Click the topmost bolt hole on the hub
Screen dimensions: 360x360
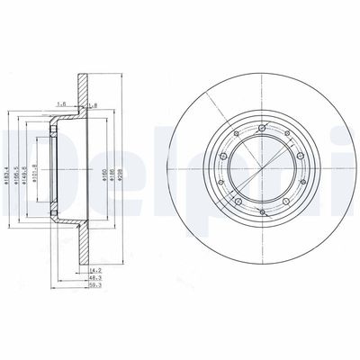point(261,129)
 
